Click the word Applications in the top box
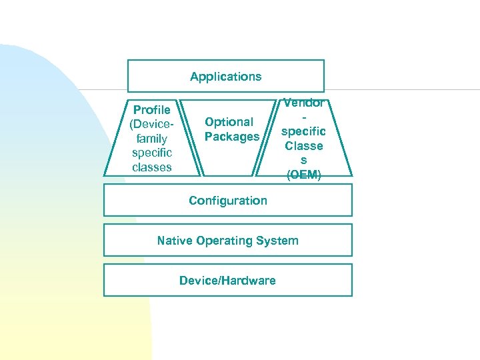225,77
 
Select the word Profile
152,109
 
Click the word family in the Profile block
152,139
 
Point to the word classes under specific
152,167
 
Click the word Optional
229,122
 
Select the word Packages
232,137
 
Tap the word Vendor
303,103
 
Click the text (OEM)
303,175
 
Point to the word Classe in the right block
303,146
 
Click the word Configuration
228,201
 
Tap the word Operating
227,241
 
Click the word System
280,241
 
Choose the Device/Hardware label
227,281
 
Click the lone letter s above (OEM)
303,161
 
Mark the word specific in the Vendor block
303,132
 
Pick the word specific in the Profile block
152,153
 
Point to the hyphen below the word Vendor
303,117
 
